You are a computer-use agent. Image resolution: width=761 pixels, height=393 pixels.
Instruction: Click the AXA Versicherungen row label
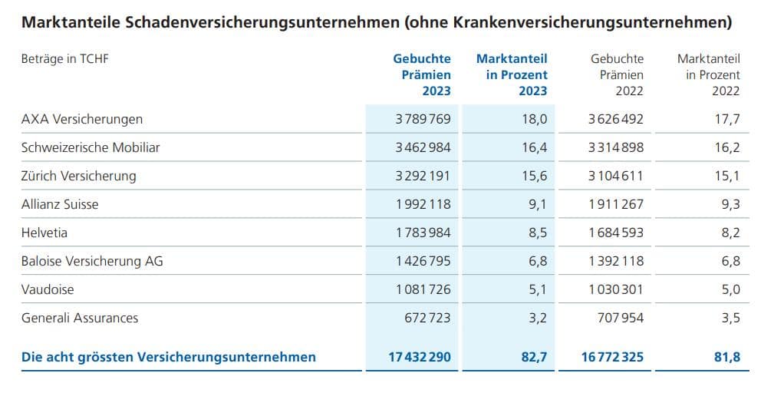82,119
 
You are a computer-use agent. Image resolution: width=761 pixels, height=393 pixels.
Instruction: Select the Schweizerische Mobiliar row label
91,147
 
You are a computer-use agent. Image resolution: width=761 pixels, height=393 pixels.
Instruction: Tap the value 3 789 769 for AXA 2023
423,119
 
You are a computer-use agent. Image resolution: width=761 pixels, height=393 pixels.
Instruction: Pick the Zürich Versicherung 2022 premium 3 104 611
616,176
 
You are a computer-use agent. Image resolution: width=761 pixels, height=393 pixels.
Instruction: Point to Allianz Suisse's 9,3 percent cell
730,204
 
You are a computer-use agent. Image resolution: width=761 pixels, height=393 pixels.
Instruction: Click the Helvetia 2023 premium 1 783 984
423,233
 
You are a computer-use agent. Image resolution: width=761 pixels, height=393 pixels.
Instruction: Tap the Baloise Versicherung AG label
92,261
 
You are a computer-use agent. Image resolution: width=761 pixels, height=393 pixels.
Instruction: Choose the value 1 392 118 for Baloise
616,261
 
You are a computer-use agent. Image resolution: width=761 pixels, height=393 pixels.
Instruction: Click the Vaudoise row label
48,289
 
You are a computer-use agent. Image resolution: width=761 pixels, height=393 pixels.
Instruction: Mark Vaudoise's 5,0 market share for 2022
730,289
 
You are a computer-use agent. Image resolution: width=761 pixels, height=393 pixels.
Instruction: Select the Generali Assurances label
80,318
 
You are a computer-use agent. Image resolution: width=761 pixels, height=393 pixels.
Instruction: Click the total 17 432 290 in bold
419,357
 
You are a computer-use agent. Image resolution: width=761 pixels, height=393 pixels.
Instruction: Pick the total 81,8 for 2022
729,357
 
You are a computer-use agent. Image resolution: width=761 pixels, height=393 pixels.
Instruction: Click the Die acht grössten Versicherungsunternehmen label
168,357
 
